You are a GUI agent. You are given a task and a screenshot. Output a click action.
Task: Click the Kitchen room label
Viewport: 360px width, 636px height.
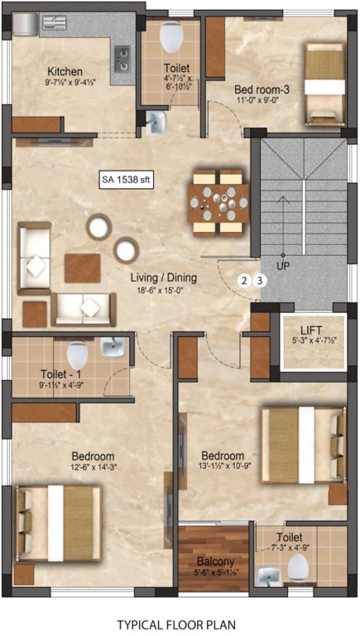click(64, 70)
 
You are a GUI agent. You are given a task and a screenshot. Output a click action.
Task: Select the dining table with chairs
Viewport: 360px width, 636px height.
click(218, 201)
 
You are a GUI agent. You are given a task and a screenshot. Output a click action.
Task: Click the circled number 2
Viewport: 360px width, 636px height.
click(244, 280)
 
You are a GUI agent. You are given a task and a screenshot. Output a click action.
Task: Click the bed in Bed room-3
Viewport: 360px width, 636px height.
click(323, 81)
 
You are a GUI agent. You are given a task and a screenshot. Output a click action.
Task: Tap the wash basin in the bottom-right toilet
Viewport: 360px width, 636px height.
click(269, 576)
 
